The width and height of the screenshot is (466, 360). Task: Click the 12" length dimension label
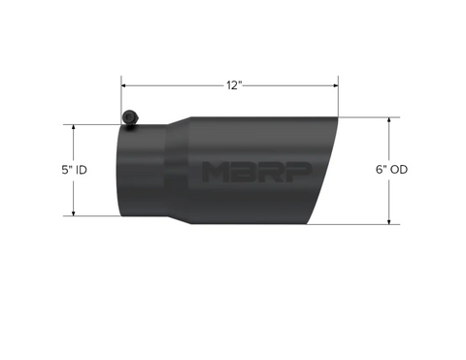pos(233,85)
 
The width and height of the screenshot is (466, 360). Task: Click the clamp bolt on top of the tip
pos(129,117)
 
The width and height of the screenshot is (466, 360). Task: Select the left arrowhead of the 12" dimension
pos(125,85)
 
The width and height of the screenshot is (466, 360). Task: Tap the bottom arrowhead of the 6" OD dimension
pos(389,221)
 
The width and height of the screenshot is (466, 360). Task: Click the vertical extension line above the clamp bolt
pos(121,97)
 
